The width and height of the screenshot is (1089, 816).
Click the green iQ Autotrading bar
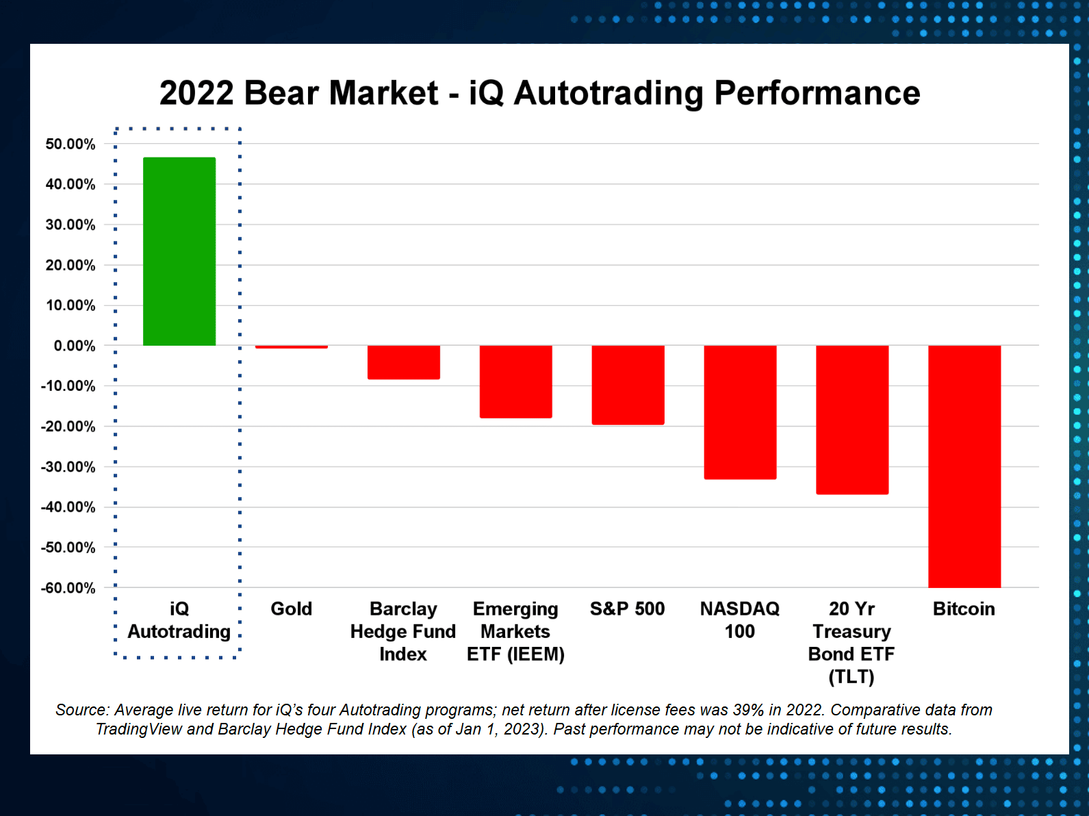coord(179,251)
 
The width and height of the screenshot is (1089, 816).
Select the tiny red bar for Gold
coord(292,347)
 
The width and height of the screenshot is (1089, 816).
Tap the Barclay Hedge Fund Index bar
coord(404,362)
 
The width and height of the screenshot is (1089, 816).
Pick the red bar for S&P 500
coord(628,385)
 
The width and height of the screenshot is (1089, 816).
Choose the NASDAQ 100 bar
coord(740,412)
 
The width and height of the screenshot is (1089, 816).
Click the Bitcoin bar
coord(964,466)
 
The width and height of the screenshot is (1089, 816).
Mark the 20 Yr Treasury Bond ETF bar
coord(852,420)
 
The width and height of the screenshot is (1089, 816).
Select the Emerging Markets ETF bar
coord(515,381)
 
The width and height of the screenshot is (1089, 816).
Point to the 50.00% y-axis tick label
coord(71,144)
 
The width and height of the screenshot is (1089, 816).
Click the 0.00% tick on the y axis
coord(75,346)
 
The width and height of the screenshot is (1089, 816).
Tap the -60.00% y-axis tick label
coord(68,588)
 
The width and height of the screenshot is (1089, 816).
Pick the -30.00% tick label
coord(68,467)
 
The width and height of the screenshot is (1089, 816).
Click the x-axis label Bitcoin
coord(964,609)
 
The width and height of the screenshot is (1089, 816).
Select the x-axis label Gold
coord(292,609)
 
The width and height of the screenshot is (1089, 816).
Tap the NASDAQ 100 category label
coord(740,620)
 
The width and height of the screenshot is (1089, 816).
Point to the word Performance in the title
coord(817,93)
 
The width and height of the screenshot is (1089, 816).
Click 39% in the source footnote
coord(748,710)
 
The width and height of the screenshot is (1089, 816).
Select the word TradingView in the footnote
coord(138,729)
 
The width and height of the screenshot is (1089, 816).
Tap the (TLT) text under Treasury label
coord(851,677)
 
